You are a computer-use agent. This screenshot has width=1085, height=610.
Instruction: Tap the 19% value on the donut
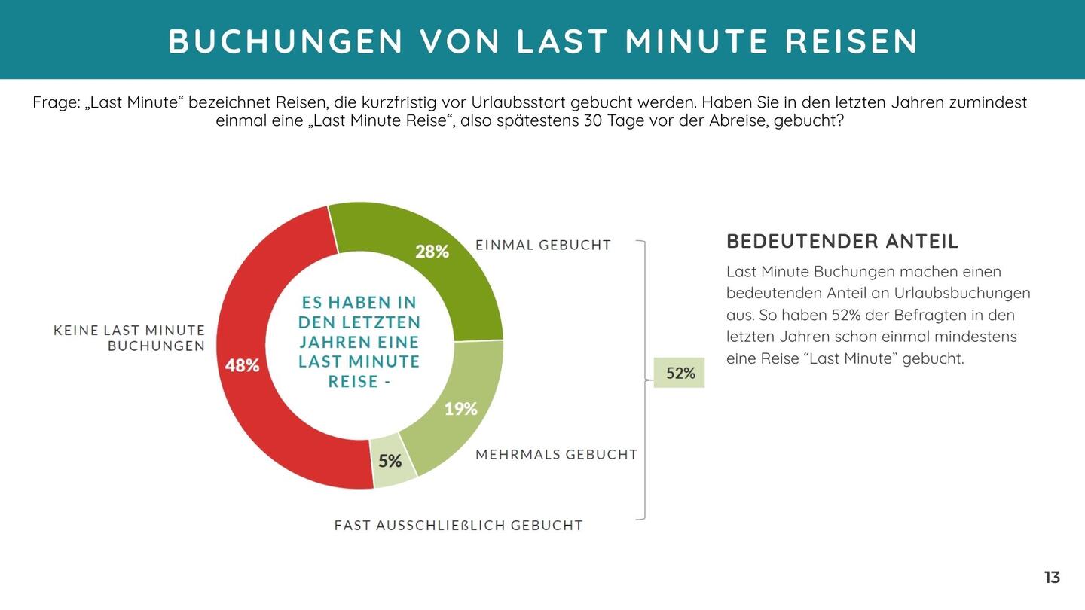tap(460, 409)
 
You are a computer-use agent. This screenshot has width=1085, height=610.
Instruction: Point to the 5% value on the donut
tap(390, 461)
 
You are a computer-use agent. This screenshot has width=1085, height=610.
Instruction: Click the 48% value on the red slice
tap(242, 365)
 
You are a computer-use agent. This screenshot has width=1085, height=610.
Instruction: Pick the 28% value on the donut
tap(432, 252)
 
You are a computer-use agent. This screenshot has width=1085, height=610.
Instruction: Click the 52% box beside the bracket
tap(680, 373)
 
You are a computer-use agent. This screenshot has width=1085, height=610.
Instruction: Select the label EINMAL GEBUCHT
tap(542, 245)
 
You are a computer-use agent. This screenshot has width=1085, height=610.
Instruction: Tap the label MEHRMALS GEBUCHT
tap(556, 454)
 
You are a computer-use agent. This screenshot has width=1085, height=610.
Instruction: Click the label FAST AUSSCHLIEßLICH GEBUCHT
tap(458, 525)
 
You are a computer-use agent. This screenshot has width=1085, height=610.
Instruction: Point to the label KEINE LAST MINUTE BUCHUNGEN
tap(130, 338)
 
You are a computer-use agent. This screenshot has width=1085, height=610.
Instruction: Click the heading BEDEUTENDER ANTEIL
tap(842, 242)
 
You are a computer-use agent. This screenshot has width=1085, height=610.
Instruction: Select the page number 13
tap(1052, 578)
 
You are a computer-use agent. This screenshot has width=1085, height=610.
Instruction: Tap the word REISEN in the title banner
tap(851, 41)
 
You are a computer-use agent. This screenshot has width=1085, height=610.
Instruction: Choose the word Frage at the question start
tap(56, 102)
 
